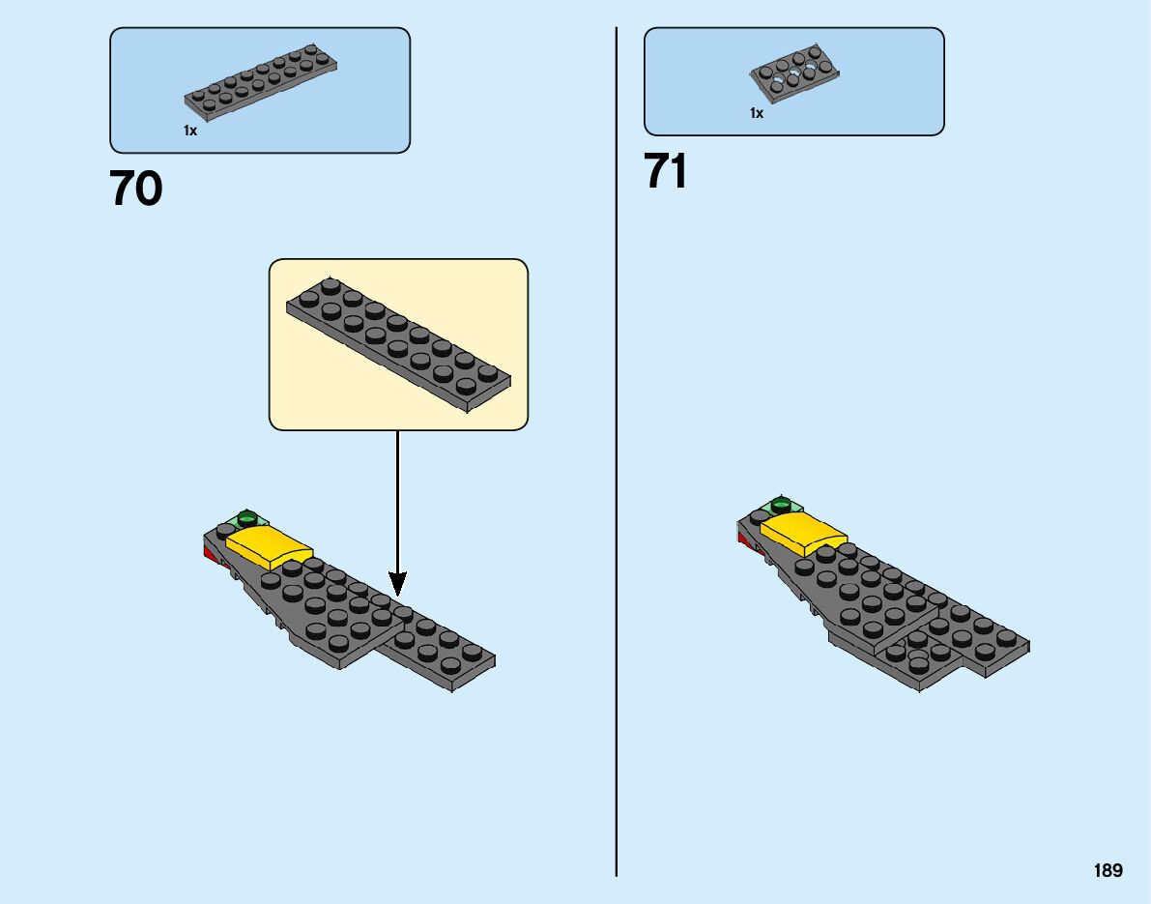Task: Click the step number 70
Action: click(x=136, y=190)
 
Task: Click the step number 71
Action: click(x=666, y=173)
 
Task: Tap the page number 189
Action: click(x=1108, y=871)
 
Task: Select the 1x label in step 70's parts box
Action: click(x=190, y=131)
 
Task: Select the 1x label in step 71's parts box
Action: click(x=757, y=113)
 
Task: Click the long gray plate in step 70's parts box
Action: click(x=261, y=79)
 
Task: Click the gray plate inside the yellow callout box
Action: click(x=398, y=343)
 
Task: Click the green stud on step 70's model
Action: click(x=247, y=515)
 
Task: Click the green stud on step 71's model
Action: click(x=781, y=504)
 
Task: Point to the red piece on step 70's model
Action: click(x=208, y=553)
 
